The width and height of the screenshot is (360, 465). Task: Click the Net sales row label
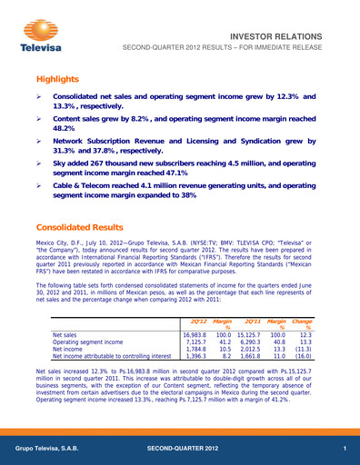pos(67,335)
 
